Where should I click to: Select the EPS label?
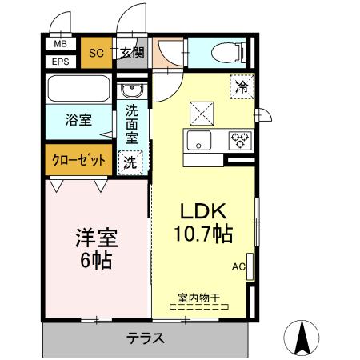point(61,62)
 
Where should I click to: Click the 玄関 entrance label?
point(131,54)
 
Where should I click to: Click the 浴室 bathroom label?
point(78,121)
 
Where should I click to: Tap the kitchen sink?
point(198,141)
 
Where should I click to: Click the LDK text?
point(203,212)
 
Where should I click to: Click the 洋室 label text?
point(95,238)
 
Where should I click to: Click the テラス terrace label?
point(146,338)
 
